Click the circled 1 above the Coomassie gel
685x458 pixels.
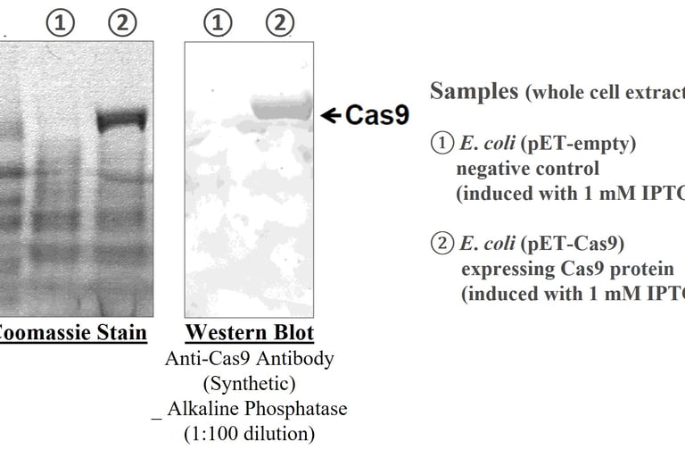tap(60, 24)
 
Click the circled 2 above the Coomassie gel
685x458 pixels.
tap(122, 24)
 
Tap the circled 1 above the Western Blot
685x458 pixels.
tap(217, 24)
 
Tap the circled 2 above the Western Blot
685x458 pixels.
tap(280, 24)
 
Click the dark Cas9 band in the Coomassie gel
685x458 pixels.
tap(121, 120)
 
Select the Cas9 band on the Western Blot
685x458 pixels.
tap(280, 109)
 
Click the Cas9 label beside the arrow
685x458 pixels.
tap(376, 115)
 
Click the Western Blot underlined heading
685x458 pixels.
tap(249, 334)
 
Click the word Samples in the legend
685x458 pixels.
tap(474, 91)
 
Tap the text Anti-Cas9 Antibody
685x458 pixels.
tap(249, 359)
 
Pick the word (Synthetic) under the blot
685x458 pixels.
tap(249, 384)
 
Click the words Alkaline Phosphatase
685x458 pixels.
tap(256, 409)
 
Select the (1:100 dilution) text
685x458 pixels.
tap(249, 435)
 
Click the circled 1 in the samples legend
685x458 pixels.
tap(442, 143)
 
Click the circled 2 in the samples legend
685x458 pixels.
tap(442, 244)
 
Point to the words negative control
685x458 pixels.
tap(528, 169)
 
